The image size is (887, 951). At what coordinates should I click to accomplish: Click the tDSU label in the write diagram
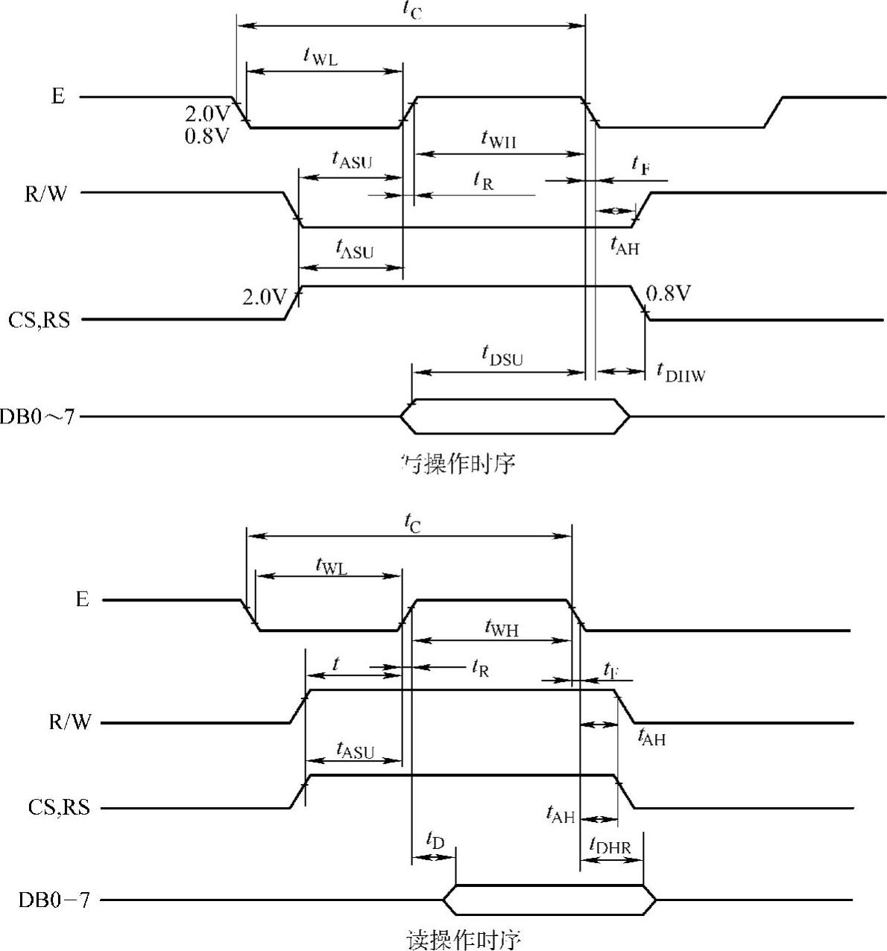[502, 356]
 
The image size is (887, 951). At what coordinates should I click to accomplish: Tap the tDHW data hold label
[680, 372]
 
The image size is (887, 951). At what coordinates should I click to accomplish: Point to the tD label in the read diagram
[435, 841]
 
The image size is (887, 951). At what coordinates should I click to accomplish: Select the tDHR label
[610, 845]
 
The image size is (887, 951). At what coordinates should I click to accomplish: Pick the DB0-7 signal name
[54, 900]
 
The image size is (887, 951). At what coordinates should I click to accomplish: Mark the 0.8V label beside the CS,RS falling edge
[668, 294]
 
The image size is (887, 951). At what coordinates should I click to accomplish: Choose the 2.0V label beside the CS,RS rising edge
[265, 297]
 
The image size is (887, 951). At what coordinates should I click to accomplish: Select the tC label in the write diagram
[411, 10]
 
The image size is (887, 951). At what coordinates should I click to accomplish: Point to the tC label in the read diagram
[412, 524]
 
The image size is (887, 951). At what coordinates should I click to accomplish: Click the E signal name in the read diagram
[82, 600]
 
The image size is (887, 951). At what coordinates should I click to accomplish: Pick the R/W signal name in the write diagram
[45, 194]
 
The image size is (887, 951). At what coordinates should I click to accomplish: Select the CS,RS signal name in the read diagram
[59, 808]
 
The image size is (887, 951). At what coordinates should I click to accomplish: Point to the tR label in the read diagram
[480, 668]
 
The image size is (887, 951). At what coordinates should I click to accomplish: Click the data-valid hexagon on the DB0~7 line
[515, 416]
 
